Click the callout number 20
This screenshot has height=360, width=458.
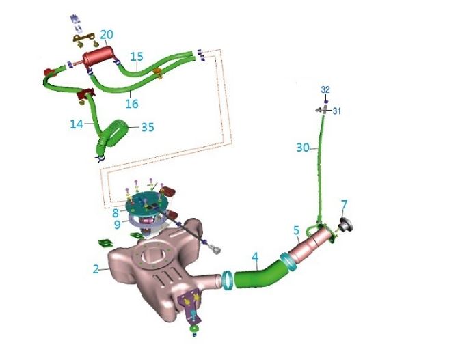107,34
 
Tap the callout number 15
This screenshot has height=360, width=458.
136,56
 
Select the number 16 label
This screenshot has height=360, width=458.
131,104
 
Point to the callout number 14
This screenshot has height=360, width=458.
77,124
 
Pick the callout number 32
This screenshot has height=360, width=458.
325,89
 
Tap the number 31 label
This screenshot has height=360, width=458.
336,111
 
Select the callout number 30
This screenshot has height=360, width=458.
304,147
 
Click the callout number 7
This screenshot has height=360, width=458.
344,204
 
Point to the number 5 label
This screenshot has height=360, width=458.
296,230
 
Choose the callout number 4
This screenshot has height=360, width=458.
254,258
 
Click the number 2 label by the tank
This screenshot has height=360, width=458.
96,269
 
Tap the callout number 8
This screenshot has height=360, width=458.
116,212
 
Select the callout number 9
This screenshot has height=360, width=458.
117,223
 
